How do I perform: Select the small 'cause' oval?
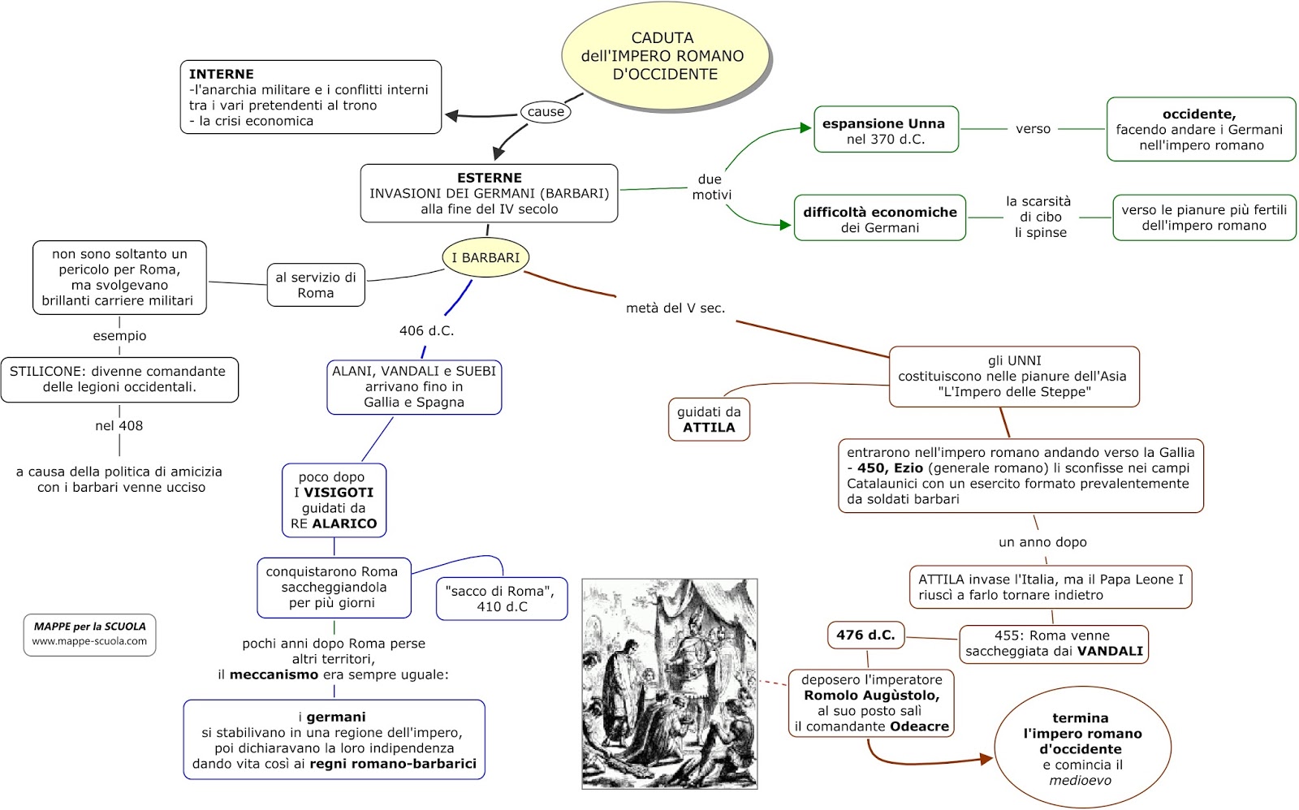pos(546,112)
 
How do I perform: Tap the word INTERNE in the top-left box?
pos(221,74)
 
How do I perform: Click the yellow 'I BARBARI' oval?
pos(486,257)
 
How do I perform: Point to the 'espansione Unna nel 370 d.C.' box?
pos(885,130)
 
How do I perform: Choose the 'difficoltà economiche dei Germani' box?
pos(879,218)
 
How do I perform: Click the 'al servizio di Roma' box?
pos(316,285)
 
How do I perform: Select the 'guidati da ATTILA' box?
pos(709,419)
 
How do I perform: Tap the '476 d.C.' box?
pos(865,635)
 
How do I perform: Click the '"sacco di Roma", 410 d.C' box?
pos(501,599)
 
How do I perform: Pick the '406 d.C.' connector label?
pos(426,330)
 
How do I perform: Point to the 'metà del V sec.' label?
pos(675,308)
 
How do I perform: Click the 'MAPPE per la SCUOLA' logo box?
pos(89,634)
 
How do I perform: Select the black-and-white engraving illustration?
pos(670,683)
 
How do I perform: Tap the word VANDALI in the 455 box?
pos(1110,651)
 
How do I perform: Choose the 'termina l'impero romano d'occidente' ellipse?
pos(1081,748)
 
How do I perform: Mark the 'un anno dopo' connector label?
pos(1042,542)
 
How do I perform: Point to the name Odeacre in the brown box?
pos(919,726)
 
